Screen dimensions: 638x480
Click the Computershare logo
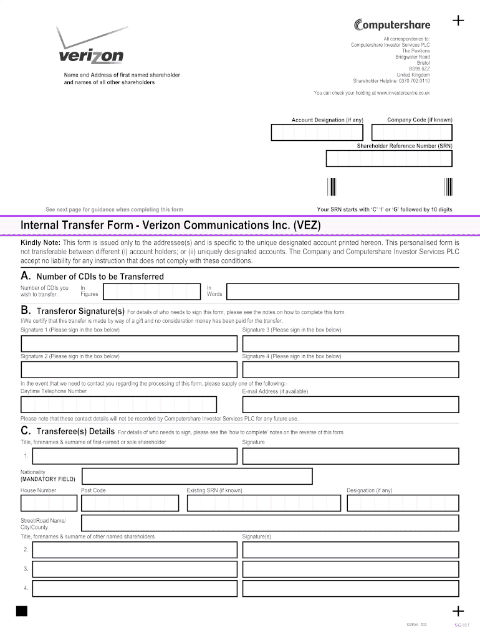pos(391,25)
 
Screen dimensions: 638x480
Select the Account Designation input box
pos(317,132)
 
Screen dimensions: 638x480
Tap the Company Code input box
pos(411,132)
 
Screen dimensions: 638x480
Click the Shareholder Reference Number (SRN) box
pos(389,159)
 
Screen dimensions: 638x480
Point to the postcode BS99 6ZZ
pos(419,69)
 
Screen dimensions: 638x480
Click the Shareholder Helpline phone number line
pos(391,81)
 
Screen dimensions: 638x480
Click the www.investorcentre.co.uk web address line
pos(372,93)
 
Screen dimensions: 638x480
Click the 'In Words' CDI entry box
pos(342,291)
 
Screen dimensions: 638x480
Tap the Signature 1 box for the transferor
pos(129,344)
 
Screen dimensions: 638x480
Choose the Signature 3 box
pos(350,344)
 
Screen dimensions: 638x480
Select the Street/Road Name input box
pos(270,523)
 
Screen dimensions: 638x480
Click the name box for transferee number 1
pos(135,456)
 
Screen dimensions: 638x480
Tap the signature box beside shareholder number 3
pos(350,569)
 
